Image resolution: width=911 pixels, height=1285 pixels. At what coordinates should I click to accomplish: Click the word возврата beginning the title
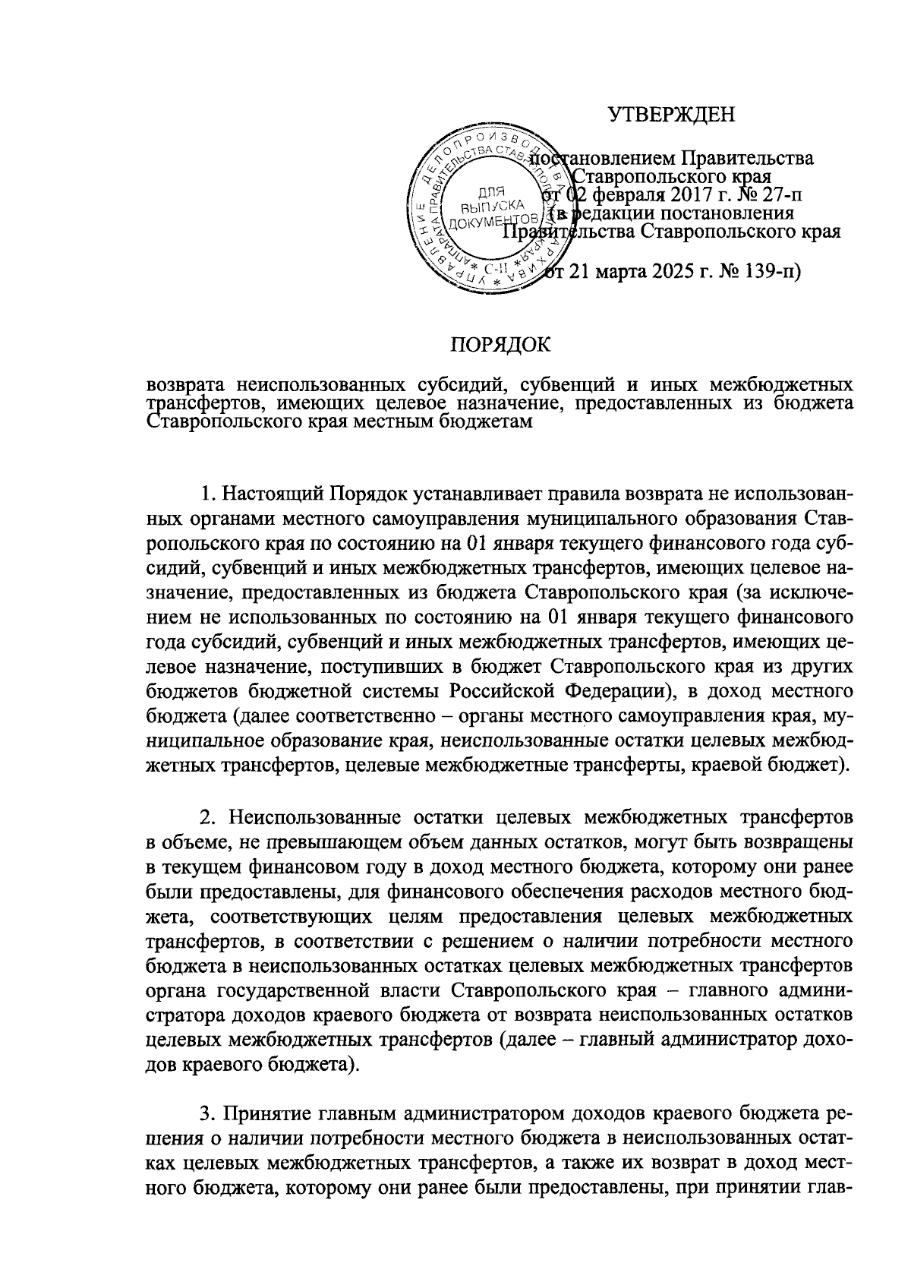click(184, 384)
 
